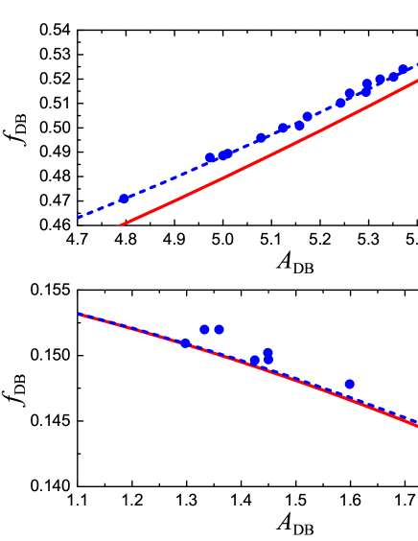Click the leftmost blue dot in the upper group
click(x=124, y=199)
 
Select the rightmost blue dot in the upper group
click(x=404, y=70)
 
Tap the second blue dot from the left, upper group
click(x=210, y=158)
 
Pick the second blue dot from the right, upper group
click(x=393, y=77)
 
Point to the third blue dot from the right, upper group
click(x=381, y=80)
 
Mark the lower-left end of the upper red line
click(x=119, y=225)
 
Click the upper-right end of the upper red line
click(x=417, y=81)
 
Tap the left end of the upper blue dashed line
click(x=79, y=218)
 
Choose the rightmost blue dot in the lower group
click(x=350, y=384)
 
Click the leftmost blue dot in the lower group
click(x=186, y=342)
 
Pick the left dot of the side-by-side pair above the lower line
click(x=205, y=329)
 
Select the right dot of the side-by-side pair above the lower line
click(x=220, y=329)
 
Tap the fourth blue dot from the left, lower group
click(x=255, y=361)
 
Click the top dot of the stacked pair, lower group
click(x=268, y=352)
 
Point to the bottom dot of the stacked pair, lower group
click(x=268, y=360)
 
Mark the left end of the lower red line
click(x=79, y=315)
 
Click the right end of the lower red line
click(x=417, y=425)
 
